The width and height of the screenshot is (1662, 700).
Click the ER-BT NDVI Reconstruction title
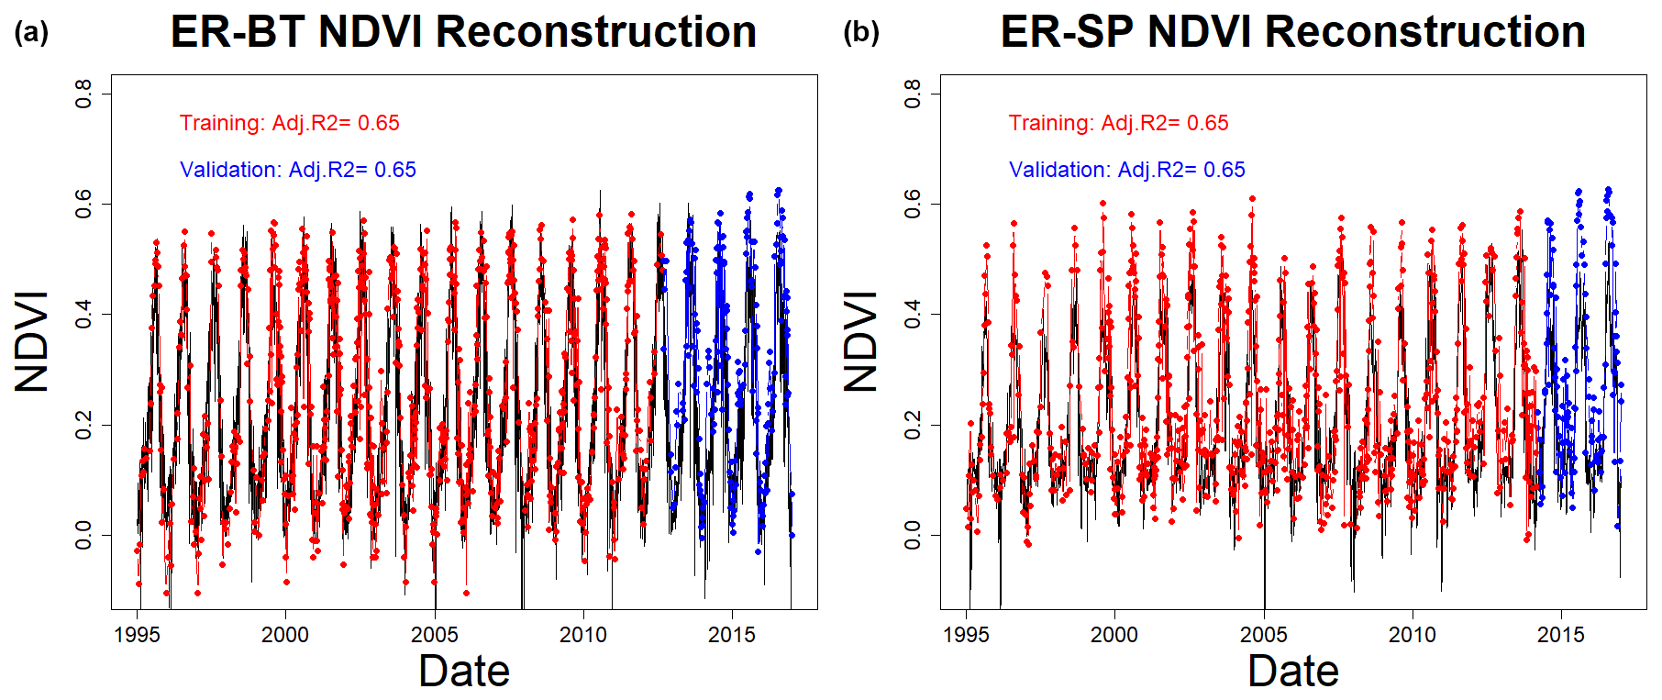pos(463,32)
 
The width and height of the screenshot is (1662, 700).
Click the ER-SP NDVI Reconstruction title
pos(1292,32)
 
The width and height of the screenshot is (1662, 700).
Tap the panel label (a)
pos(31,33)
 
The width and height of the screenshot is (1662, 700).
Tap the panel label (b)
pos(860,33)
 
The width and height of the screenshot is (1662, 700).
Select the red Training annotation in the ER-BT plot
pos(289,123)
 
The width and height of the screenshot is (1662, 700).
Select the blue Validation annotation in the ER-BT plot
pos(297,170)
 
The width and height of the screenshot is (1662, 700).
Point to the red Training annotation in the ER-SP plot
pos(1118,123)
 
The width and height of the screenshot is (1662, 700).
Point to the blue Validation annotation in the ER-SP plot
pos(1126,170)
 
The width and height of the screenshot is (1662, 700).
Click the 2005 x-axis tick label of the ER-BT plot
pos(434,635)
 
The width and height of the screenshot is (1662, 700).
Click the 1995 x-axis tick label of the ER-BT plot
pos(137,635)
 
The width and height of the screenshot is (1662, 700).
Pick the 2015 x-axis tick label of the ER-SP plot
pos(1560,635)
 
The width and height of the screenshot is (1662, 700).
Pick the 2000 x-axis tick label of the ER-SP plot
pos(1114,635)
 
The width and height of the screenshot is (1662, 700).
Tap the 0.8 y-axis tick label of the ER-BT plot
pos(83,93)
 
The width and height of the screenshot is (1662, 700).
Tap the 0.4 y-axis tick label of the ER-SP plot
pos(913,314)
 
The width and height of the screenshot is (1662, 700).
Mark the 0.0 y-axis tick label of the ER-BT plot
pos(83,535)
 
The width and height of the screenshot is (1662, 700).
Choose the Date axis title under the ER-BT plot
pos(464,671)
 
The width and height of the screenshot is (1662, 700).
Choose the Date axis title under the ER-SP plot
pos(1293,671)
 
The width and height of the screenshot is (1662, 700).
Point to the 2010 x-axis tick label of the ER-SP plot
pos(1412,635)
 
